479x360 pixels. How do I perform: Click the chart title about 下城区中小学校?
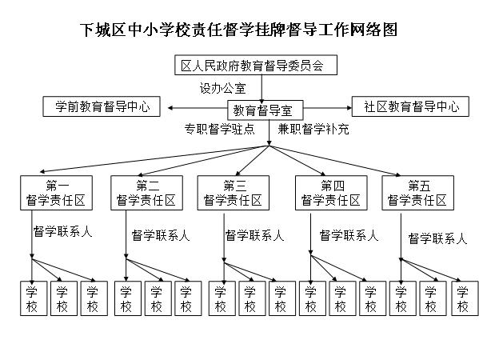[238, 30]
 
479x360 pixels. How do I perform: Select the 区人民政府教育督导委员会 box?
[256, 65]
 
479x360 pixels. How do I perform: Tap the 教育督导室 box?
[265, 110]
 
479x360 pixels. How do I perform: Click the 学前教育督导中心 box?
[102, 106]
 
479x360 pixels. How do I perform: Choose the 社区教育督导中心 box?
[410, 106]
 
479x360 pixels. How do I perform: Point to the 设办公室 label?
[222, 88]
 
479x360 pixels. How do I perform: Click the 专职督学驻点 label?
[220, 129]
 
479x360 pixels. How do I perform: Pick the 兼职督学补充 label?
[313, 129]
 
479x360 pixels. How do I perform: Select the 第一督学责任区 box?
[56, 193]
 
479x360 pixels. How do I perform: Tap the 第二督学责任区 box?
[146, 193]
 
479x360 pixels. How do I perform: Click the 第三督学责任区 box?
[234, 193]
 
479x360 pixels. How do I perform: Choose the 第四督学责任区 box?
[331, 193]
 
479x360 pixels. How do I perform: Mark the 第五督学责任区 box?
[418, 193]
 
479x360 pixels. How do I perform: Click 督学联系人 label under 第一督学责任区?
[63, 232]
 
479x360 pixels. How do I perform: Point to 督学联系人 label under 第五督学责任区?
[437, 238]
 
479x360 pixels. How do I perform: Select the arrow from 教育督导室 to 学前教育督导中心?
[198, 108]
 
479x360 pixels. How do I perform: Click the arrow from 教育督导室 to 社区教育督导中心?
[328, 108]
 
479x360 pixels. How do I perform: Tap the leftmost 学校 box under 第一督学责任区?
[34, 298]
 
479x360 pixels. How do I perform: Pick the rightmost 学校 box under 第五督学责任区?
[465, 298]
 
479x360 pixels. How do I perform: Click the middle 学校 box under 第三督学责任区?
[252, 298]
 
